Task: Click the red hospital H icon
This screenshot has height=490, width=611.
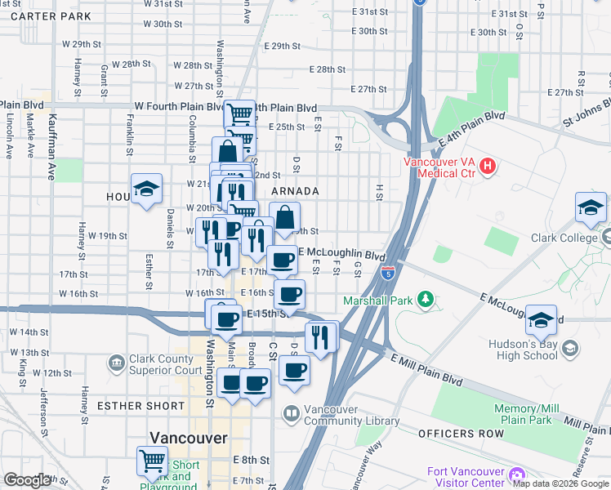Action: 488,167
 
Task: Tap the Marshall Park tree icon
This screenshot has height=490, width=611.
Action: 424,300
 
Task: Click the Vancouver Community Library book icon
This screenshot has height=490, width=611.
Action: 292,414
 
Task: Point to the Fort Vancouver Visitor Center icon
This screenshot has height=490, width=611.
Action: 515,474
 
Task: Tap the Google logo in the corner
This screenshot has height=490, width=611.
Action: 27,480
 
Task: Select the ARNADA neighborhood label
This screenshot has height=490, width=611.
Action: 295,191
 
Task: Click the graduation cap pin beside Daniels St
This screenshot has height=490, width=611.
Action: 146,189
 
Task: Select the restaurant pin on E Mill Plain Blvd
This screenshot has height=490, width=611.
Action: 320,336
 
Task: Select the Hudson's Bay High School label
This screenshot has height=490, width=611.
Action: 522,350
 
